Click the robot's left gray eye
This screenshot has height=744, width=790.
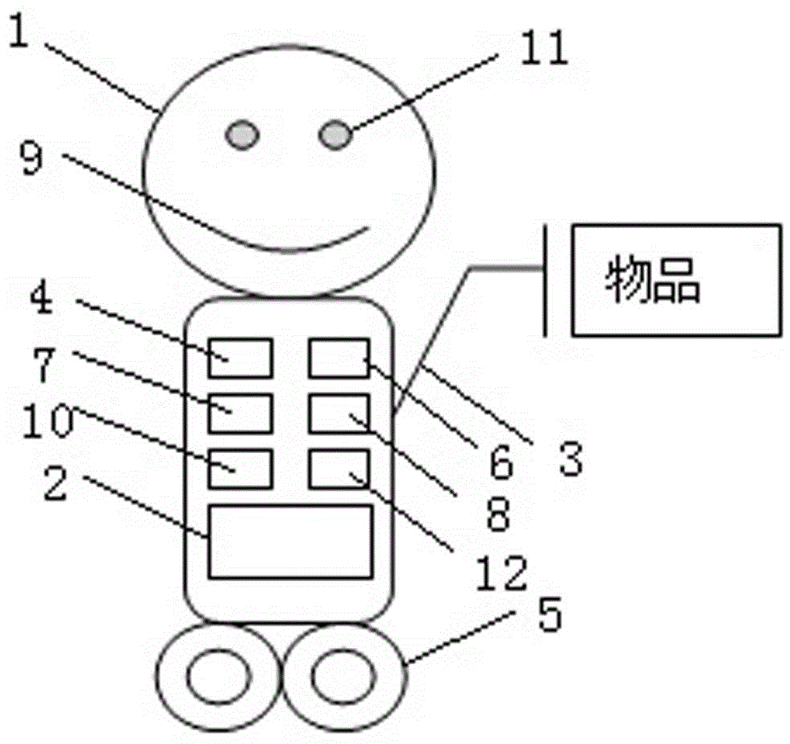(x=242, y=135)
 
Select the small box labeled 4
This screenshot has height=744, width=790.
(x=240, y=358)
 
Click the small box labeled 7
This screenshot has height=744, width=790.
(x=240, y=414)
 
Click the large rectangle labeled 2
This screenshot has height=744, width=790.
(x=290, y=541)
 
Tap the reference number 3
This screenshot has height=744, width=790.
(x=569, y=458)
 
